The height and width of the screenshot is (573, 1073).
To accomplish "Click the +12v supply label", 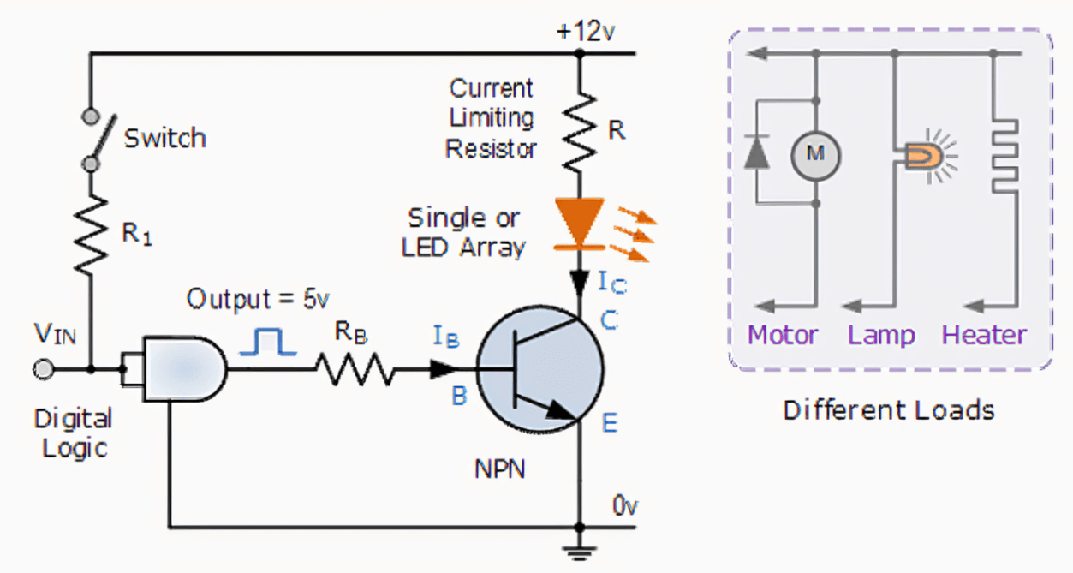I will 585,33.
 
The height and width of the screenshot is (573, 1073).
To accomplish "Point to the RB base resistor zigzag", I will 355,371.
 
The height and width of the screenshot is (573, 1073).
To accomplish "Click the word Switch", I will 165,138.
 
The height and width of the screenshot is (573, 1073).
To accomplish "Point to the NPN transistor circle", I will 539,370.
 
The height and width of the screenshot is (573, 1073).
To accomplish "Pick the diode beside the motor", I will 755,152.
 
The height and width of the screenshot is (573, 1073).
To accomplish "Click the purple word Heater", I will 984,335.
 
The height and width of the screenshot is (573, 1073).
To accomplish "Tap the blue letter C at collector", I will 609,321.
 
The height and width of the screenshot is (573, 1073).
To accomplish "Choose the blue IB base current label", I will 445,338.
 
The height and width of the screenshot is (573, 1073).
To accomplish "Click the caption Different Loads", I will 889,410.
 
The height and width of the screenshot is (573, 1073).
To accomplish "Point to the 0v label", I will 624,505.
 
